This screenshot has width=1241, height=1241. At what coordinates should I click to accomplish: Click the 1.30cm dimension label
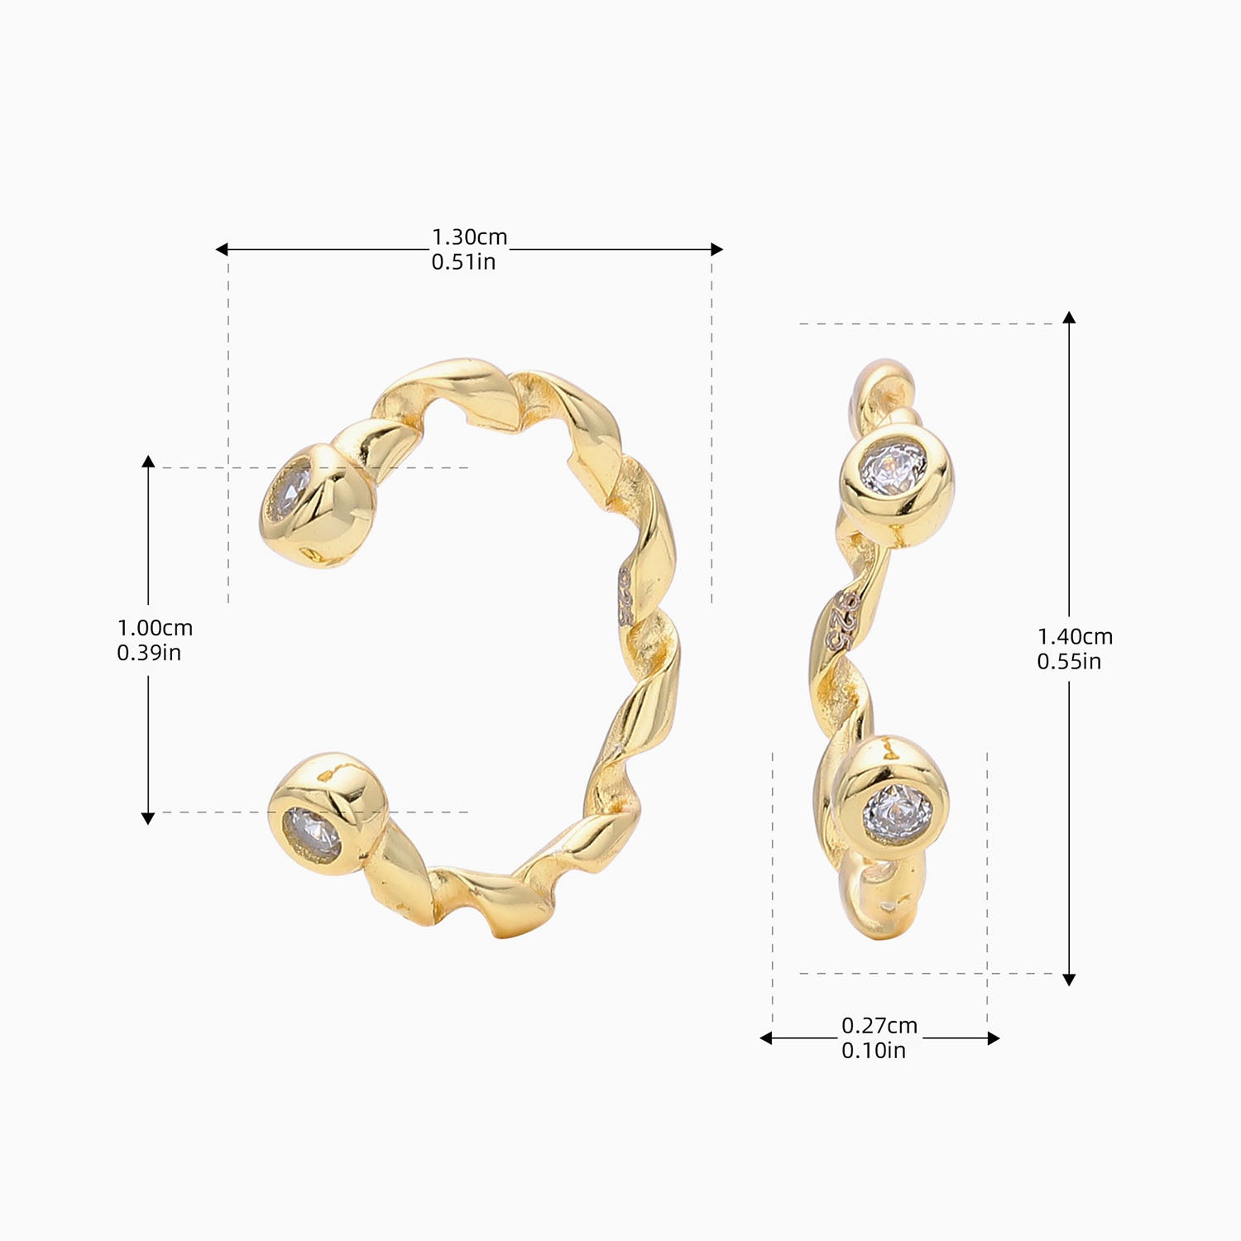469,237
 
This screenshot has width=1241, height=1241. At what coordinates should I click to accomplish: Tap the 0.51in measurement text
463,262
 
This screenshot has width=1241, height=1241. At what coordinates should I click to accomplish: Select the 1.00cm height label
155,628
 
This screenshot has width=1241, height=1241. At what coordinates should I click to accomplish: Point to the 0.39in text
149,653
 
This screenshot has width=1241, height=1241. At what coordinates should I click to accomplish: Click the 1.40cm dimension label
1075,637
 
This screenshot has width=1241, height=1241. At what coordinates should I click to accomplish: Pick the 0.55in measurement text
1069,662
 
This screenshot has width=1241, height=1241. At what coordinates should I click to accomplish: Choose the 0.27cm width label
879,1026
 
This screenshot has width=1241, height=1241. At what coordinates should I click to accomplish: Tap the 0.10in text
874,1051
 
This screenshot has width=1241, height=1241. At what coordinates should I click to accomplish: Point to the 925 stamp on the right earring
842,620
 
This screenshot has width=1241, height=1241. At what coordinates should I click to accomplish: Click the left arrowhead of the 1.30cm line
222,249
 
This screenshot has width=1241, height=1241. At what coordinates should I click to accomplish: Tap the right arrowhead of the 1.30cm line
717,249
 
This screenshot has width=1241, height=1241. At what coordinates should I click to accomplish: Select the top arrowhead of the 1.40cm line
1069,318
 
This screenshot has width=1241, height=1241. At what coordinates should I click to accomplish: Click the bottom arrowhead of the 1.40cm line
1069,980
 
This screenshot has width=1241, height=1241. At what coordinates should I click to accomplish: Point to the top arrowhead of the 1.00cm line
148,461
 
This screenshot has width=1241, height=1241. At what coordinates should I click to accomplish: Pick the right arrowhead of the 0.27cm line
994,1038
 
